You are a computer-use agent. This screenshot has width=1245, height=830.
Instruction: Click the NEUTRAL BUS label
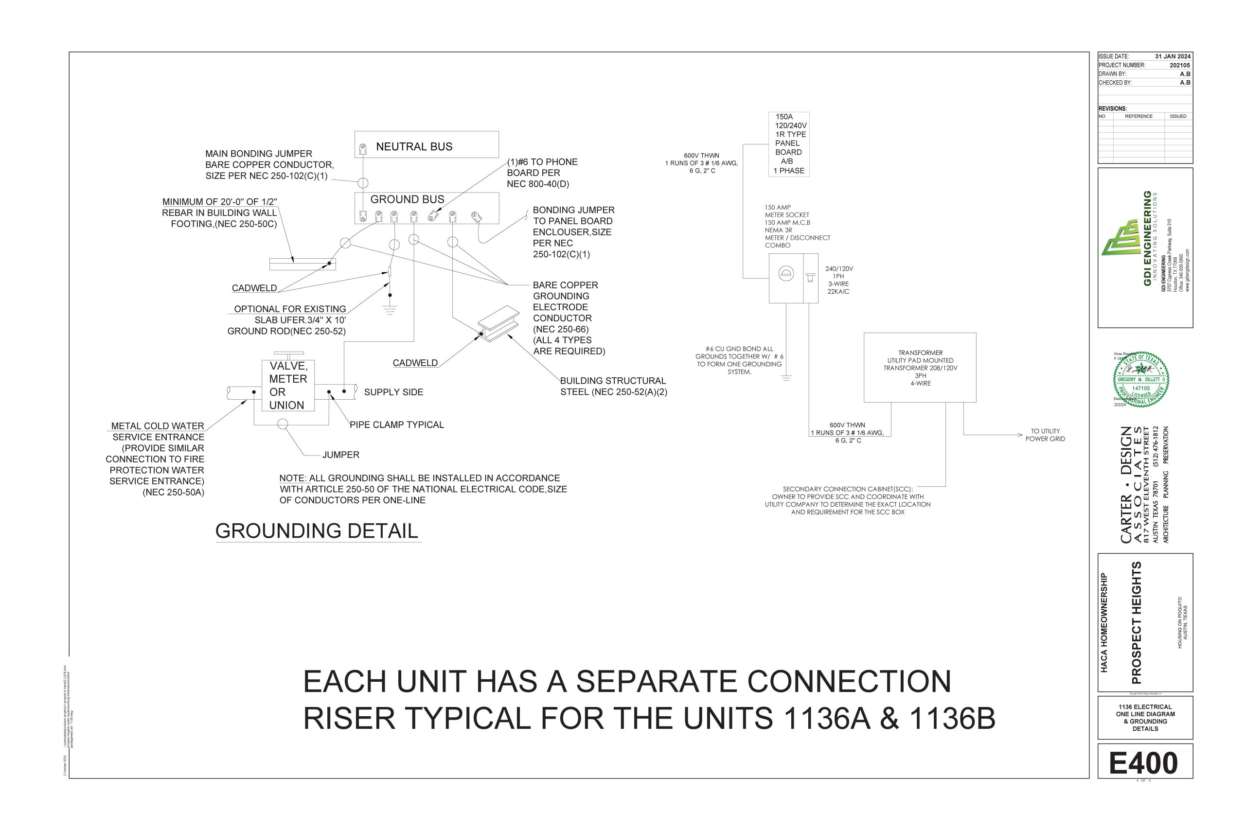click(x=414, y=147)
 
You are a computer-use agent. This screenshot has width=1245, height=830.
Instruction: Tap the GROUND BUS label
click(x=407, y=199)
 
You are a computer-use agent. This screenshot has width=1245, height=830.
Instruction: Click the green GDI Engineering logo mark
click(x=1120, y=238)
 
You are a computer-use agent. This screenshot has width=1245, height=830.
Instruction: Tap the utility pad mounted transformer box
click(x=920, y=368)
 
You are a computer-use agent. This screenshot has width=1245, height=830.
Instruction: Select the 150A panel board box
click(x=789, y=144)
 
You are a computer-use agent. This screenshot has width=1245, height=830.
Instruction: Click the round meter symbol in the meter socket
click(x=786, y=274)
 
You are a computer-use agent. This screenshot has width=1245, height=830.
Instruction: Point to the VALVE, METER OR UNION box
click(x=288, y=386)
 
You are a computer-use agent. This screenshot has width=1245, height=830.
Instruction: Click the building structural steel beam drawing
click(x=498, y=323)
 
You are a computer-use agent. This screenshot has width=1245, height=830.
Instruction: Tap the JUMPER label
click(x=341, y=455)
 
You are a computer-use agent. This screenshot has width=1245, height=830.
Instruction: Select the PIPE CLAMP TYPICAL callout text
click(x=396, y=424)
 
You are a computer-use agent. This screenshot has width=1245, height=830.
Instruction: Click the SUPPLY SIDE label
click(x=393, y=392)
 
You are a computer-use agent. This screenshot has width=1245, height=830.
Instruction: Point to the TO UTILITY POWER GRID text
click(x=1045, y=435)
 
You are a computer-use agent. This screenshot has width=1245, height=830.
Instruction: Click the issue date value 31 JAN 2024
click(x=1173, y=56)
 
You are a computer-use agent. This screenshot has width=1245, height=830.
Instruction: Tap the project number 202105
click(x=1180, y=65)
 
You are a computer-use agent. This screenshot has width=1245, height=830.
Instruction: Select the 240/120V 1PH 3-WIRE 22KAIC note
click(x=838, y=280)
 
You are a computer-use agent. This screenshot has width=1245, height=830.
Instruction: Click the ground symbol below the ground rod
click(x=390, y=310)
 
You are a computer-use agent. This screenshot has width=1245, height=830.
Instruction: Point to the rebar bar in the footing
click(x=302, y=264)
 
